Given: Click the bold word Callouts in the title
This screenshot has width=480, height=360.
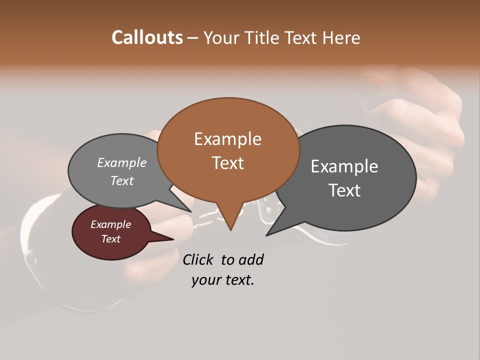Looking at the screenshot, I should point(147,37).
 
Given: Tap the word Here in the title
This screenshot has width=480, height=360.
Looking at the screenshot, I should point(340,37).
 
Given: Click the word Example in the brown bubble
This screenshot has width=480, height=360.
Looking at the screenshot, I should point(227,139).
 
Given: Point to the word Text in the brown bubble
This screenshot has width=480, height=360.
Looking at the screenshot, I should point(227,163).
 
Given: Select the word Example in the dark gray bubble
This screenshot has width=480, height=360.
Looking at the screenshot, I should point(344,166).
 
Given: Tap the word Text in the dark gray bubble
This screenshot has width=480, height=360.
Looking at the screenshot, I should point(344,190).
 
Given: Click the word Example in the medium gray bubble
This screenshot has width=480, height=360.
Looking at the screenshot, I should point(122,163).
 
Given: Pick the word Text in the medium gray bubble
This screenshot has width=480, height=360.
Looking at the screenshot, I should point(122,180).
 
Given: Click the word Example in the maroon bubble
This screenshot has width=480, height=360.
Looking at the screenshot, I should point(110,224).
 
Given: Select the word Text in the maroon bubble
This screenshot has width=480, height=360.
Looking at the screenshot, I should point(110,239).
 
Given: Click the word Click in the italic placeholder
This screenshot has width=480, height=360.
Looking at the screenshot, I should point(198,260).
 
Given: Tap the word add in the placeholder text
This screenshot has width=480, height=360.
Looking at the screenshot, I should point(251,260).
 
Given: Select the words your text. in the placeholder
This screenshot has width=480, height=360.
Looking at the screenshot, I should point(223,280).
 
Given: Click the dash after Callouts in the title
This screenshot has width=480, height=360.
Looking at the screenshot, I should point(193,38).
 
